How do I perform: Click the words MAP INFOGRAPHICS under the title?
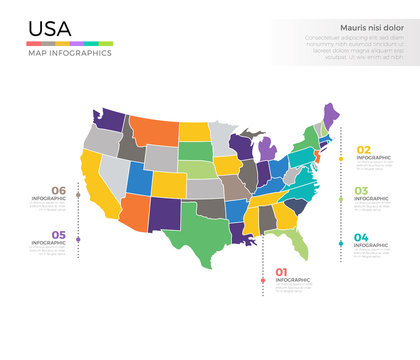click(x=69, y=53)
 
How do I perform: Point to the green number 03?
click(x=361, y=190)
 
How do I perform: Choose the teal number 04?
click(x=361, y=237)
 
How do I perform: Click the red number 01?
click(x=281, y=272)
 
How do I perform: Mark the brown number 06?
click(x=59, y=190)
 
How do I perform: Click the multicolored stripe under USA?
click(x=69, y=43)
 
